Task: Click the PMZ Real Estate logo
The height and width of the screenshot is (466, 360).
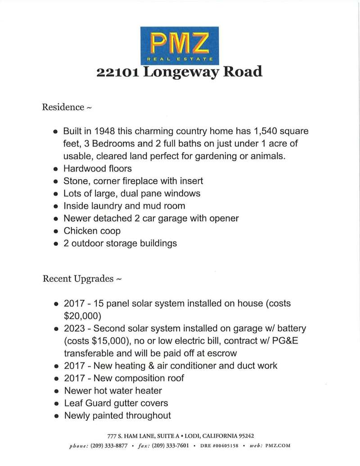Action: (180, 45)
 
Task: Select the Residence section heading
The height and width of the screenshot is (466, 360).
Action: (63, 107)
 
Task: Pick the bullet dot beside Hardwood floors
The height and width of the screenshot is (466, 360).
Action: (56, 169)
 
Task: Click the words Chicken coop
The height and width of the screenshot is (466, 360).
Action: (92, 231)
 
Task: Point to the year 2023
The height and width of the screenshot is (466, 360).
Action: (73, 328)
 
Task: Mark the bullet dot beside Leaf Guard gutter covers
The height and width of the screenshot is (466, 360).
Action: (56, 404)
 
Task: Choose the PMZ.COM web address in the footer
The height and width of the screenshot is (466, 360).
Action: (278, 446)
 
